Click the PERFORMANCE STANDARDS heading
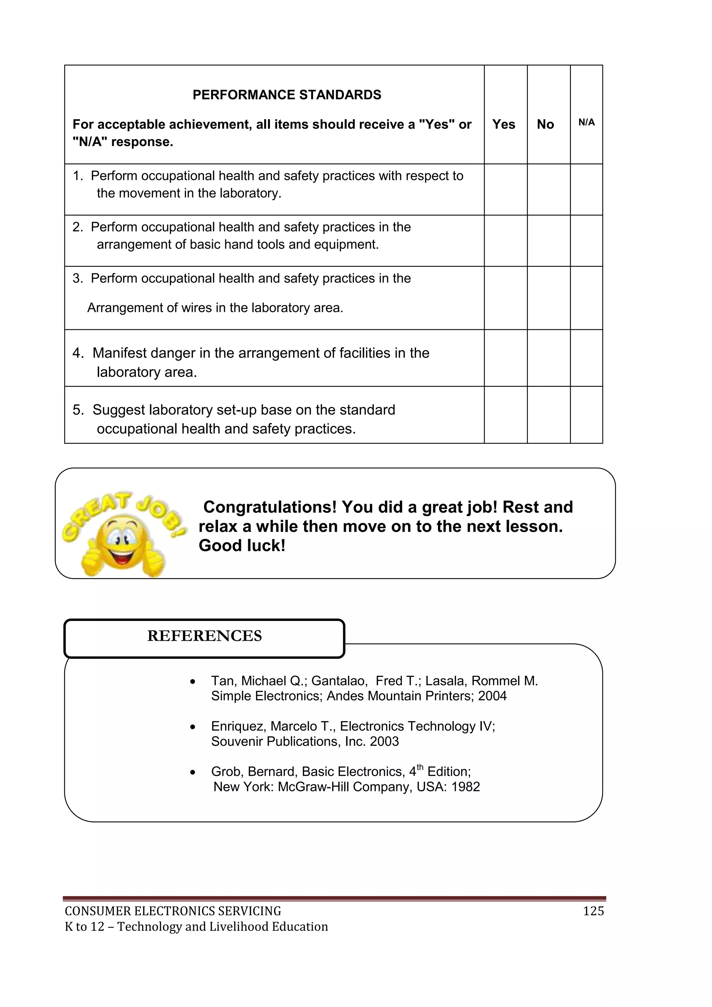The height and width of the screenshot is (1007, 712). [287, 95]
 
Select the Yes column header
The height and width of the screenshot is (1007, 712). [503, 125]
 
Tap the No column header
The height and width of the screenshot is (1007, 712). [545, 125]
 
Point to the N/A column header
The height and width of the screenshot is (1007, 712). [586, 123]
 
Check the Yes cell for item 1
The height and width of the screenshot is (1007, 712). [505, 190]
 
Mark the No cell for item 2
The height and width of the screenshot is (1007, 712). [549, 241]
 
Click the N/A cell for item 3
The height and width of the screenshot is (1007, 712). [586, 298]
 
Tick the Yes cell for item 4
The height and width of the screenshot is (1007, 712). [505, 358]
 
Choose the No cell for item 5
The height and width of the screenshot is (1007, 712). [549, 415]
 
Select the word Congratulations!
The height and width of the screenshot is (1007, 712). [270, 507]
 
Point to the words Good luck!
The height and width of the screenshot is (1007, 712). [242, 546]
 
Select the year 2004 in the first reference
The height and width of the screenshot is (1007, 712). [492, 696]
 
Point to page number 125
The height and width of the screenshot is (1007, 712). [593, 911]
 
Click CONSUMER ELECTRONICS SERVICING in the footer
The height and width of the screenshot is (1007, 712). [173, 911]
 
